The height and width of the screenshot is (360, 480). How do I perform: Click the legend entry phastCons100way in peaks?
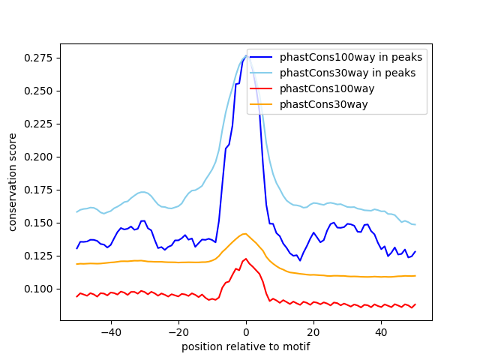351,57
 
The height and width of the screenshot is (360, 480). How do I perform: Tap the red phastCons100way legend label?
327,88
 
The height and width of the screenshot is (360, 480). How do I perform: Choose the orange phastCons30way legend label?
324,104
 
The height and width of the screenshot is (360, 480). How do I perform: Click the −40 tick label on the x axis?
110,331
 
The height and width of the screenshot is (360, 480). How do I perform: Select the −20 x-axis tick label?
178,331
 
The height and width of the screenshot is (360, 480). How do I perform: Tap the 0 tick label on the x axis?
246,331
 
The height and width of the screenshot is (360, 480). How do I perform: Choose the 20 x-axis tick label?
313,331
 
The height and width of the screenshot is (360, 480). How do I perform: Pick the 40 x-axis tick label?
381,331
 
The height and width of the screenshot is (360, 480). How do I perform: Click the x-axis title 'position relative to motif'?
246,346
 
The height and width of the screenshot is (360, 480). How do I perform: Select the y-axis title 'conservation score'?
13,181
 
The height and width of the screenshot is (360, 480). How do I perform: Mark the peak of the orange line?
245,233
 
